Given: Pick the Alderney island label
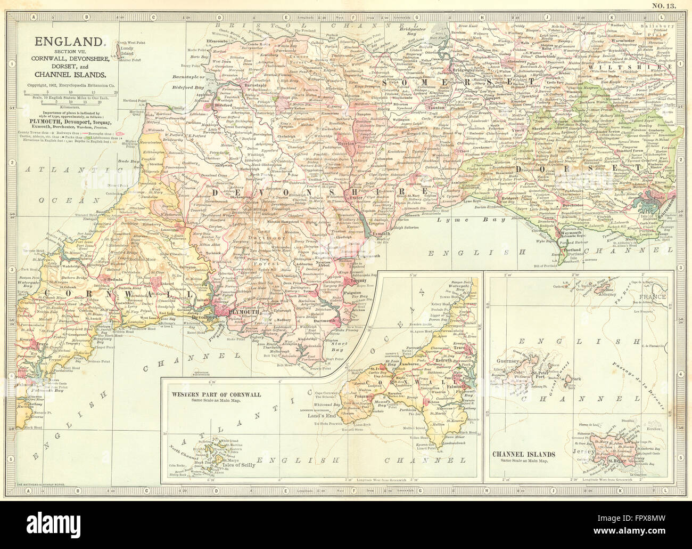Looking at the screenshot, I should click(607, 293).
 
